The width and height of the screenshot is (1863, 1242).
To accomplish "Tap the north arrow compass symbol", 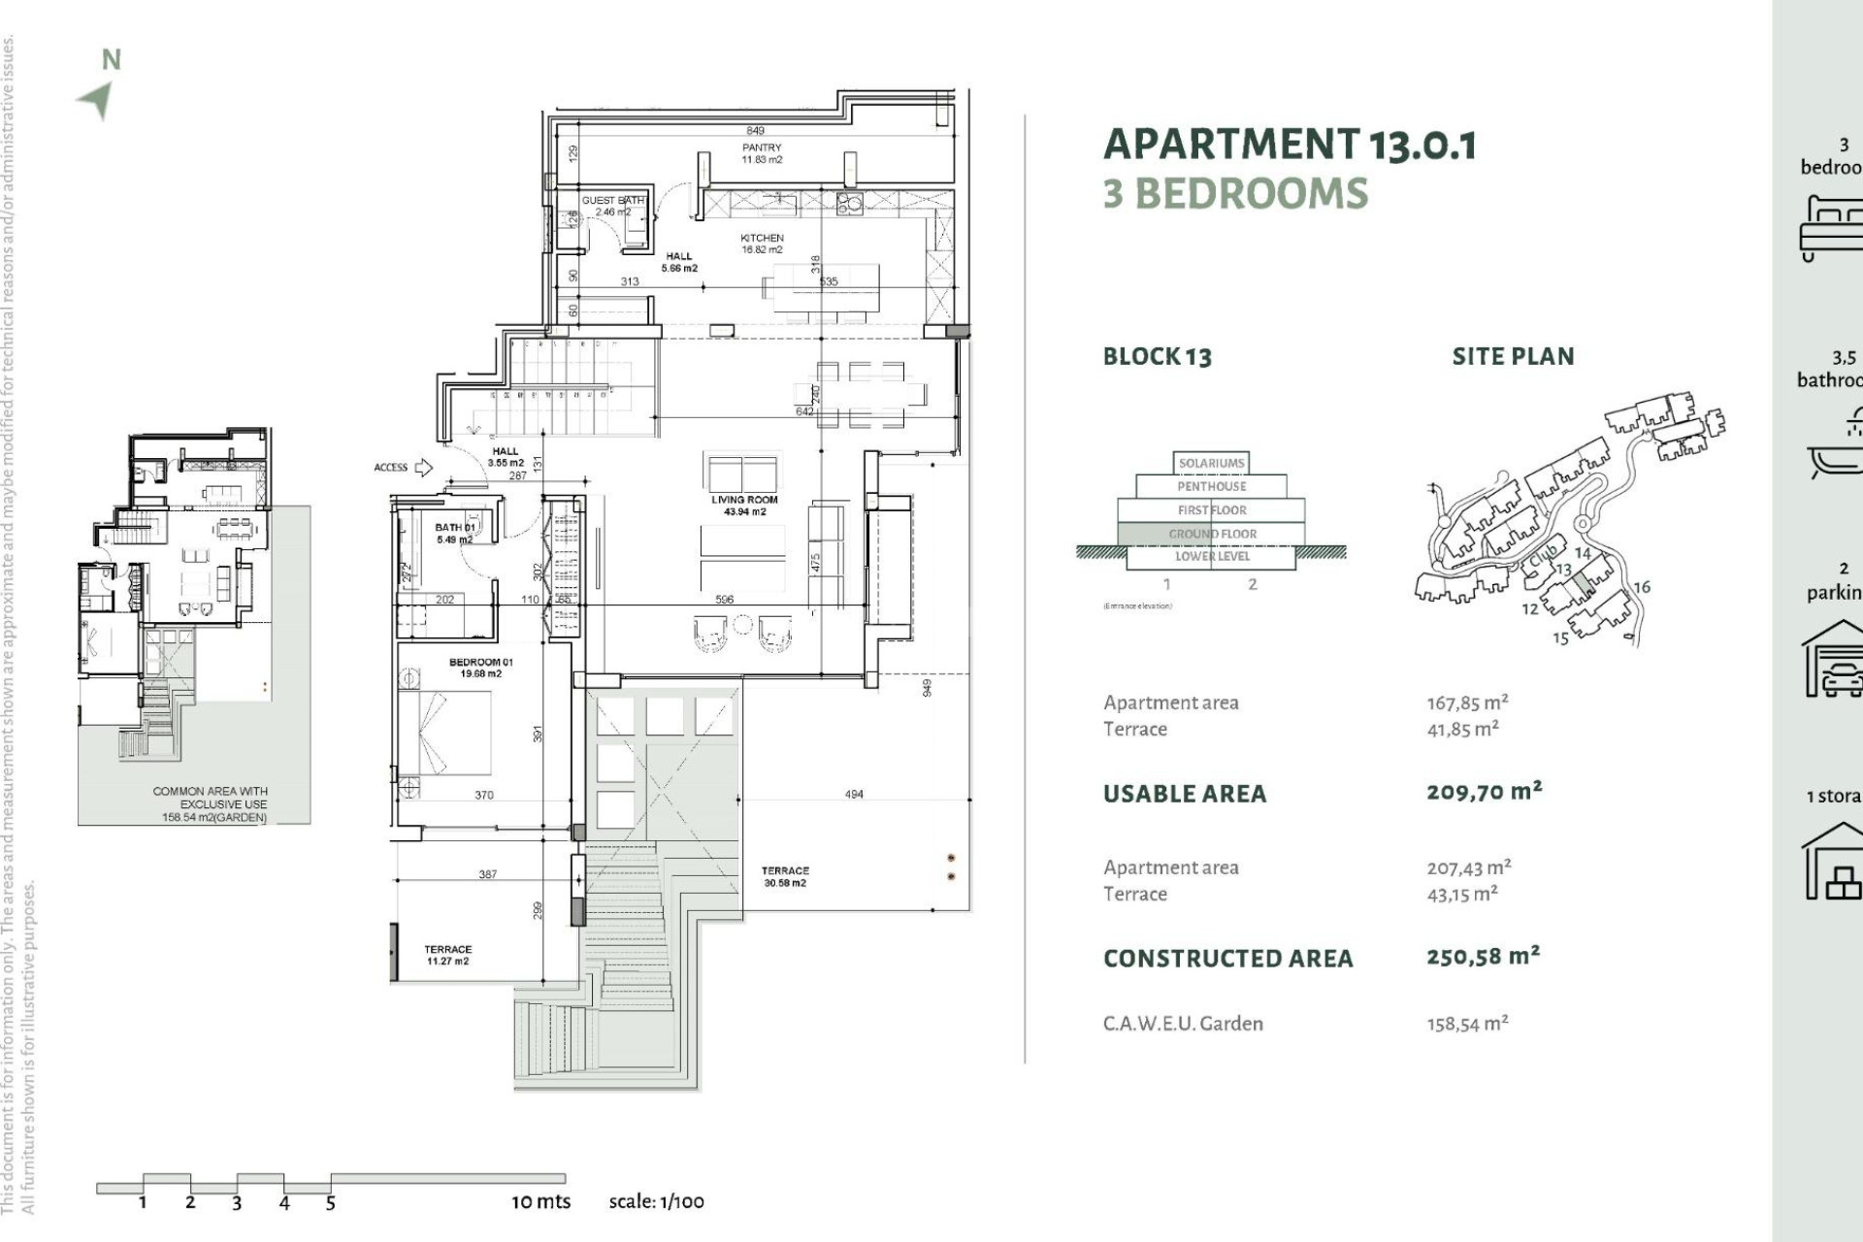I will [x=98, y=99].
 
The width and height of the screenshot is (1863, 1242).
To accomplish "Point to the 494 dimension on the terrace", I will [x=854, y=794].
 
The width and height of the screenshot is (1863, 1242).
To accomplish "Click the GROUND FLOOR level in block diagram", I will [x=1212, y=534].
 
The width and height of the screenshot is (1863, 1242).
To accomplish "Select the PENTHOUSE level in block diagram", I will [x=1211, y=486].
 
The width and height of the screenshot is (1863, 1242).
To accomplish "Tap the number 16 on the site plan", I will [x=1642, y=587].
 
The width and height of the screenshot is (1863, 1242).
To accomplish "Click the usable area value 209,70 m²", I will [x=1484, y=792].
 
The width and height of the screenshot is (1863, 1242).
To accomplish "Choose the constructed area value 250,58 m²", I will [x=1483, y=957].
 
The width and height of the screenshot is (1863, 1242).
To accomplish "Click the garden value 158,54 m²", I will [x=1467, y=1024].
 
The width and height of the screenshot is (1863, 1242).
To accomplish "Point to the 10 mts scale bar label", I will [x=540, y=1201].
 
